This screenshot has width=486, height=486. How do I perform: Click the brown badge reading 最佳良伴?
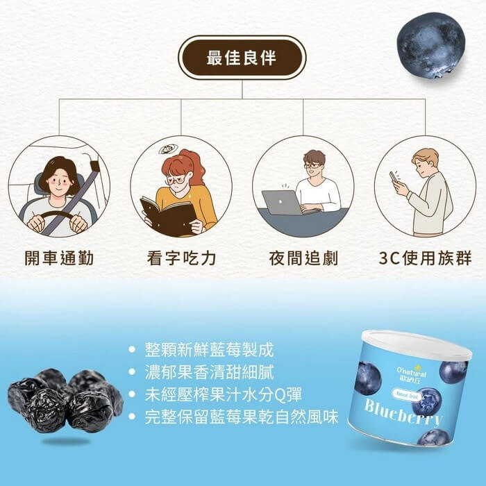(x=242, y=58)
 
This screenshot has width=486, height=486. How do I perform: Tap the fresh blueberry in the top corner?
(x=431, y=45)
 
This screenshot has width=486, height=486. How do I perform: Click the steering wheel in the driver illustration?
(x=58, y=218)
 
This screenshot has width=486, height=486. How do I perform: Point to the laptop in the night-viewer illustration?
(x=282, y=203)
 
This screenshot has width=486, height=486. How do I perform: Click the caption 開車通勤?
(x=59, y=258)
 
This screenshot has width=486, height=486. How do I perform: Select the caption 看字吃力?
(x=181, y=258)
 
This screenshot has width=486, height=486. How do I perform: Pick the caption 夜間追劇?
(x=303, y=258)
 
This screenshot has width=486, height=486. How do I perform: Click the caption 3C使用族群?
(x=425, y=258)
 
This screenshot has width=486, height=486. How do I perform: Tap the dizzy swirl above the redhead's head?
(x=168, y=149)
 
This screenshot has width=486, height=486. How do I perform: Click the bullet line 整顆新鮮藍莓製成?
(x=209, y=350)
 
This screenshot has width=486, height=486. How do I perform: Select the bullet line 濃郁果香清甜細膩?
(x=209, y=372)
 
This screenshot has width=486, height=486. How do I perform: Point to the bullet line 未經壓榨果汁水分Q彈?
(x=223, y=394)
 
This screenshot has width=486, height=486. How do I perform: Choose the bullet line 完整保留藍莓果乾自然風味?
(x=242, y=417)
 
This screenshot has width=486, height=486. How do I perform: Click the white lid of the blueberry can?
(x=417, y=344)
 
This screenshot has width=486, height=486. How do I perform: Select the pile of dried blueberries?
(x=65, y=401)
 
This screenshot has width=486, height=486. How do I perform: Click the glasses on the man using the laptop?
(x=312, y=166)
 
